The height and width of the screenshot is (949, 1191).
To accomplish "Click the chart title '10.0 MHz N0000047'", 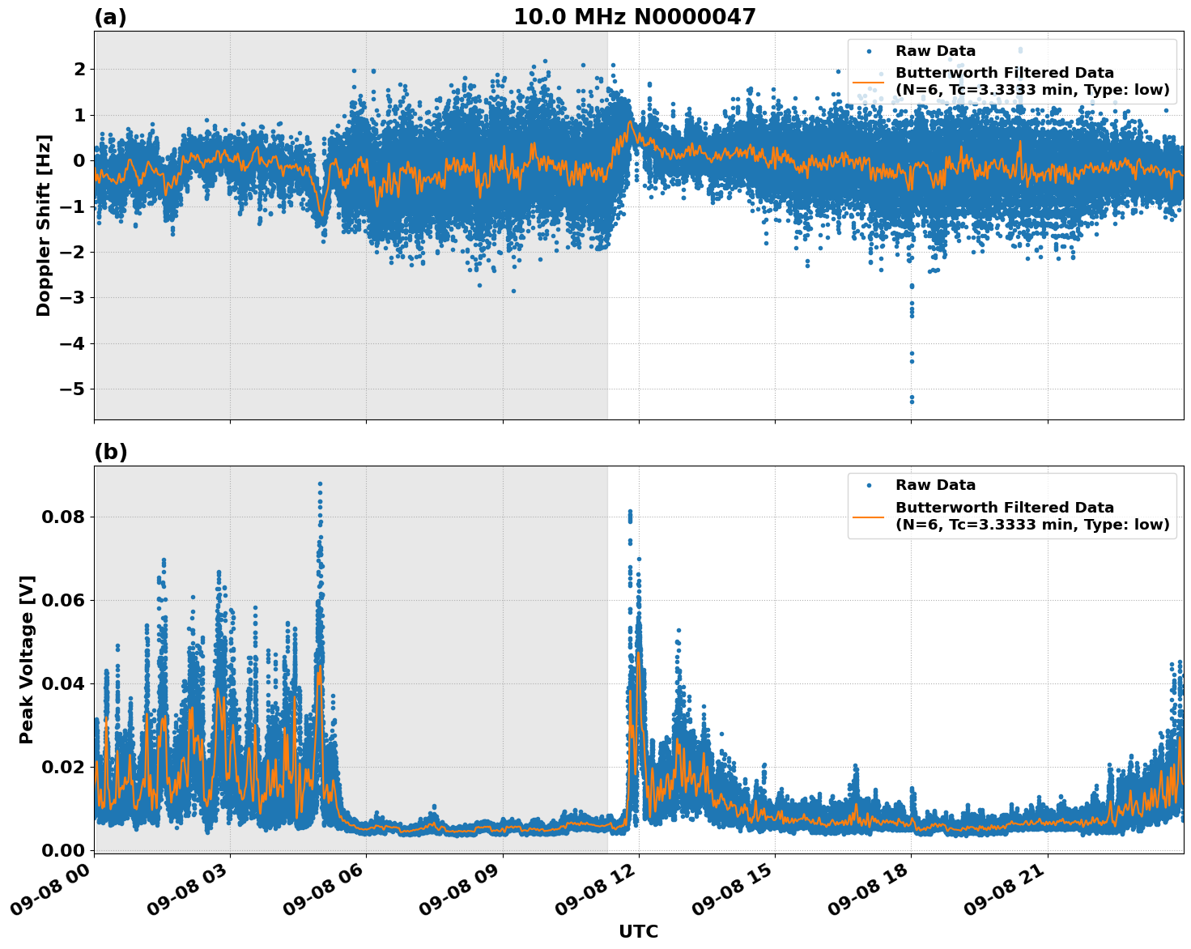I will click(634, 17).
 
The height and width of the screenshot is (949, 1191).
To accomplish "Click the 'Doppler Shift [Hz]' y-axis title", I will click(44, 225).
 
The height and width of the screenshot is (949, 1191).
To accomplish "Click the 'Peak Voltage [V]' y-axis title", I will click(27, 659).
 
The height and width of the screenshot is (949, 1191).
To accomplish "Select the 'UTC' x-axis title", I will click(638, 932).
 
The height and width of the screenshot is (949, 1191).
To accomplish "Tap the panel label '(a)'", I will click(110, 17).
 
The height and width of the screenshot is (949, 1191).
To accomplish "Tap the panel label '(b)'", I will click(110, 452).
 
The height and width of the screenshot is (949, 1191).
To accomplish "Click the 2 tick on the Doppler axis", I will click(79, 70).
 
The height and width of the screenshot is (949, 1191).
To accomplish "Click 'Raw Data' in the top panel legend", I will click(935, 51).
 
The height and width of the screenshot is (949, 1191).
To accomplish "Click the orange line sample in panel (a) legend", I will click(869, 81).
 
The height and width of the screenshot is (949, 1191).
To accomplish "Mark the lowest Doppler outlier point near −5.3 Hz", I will click(912, 402).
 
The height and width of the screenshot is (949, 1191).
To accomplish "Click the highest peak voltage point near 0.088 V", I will click(320, 483).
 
